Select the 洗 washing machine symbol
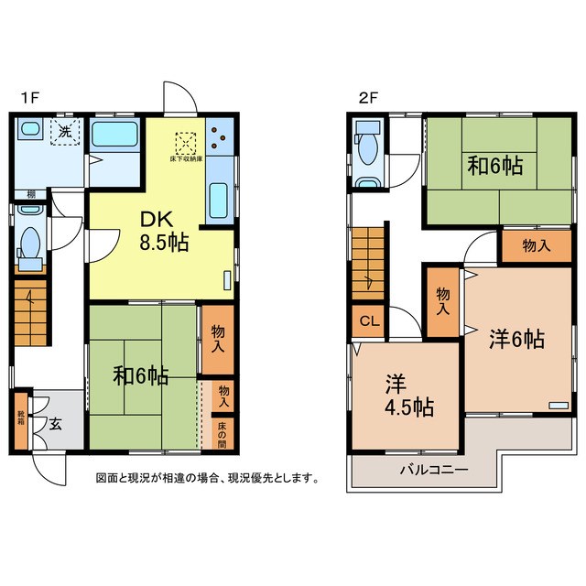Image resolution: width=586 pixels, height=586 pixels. click(x=65, y=133)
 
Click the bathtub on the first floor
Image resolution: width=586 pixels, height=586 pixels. click(x=114, y=136)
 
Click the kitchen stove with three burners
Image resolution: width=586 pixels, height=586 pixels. click(x=220, y=137)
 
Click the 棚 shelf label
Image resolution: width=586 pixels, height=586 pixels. click(x=31, y=194)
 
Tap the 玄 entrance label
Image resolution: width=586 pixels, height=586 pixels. click(x=56, y=424)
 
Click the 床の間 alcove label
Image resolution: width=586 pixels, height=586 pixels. click(x=222, y=433)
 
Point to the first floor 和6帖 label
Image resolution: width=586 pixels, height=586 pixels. click(x=140, y=375)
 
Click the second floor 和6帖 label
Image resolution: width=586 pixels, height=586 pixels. click(x=495, y=167)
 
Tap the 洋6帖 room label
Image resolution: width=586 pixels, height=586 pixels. click(x=516, y=339)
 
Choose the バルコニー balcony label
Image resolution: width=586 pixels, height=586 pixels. click(x=434, y=470)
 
